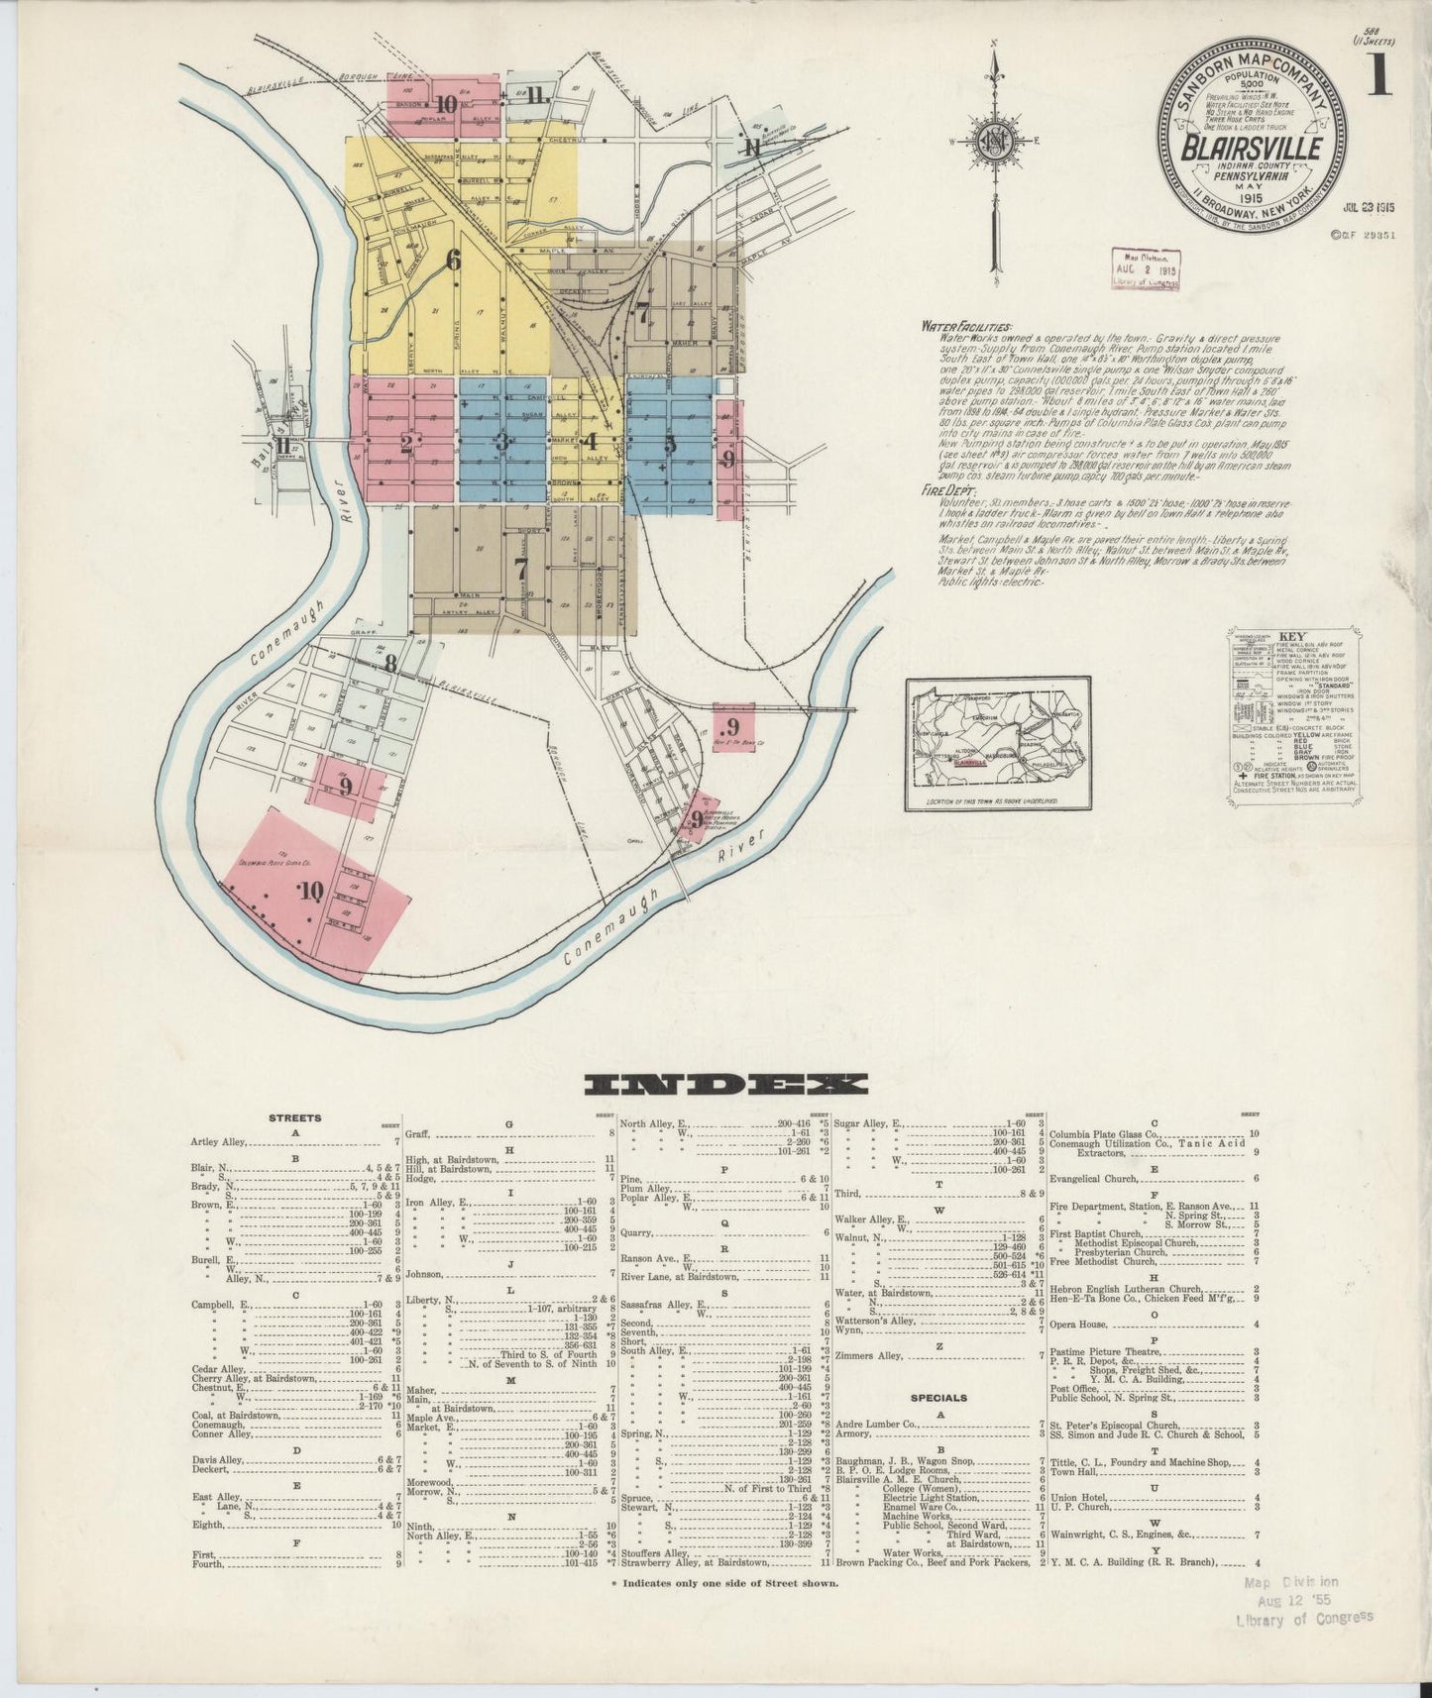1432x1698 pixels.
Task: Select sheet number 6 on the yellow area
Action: [454, 261]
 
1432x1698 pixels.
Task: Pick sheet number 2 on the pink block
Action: [406, 444]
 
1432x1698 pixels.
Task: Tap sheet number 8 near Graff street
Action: [391, 663]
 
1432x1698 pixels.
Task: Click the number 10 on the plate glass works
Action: [312, 891]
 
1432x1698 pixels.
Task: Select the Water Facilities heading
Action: [967, 326]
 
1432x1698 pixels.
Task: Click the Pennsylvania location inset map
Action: [998, 743]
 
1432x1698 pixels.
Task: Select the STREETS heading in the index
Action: [294, 1118]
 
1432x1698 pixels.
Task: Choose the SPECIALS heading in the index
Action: [940, 1398]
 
